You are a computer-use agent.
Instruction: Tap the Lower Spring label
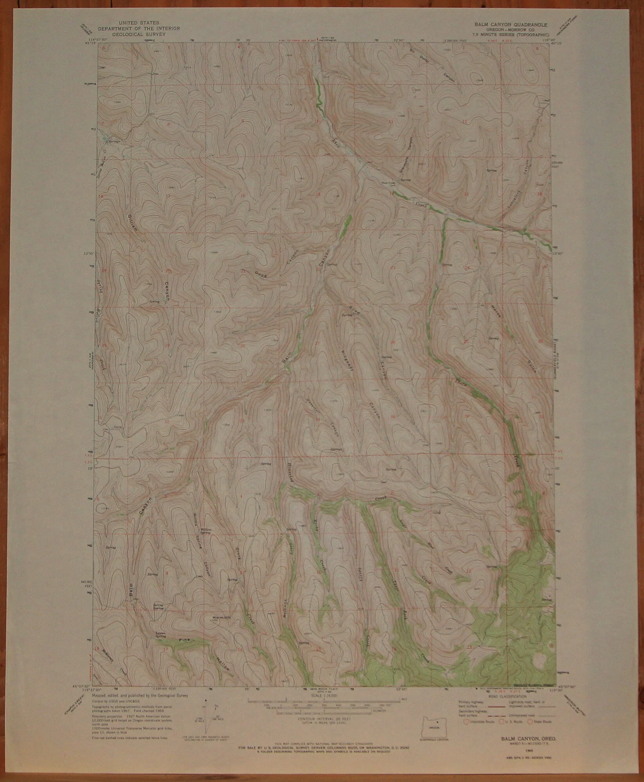click(159, 635)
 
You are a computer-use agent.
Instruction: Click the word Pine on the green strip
click(184, 640)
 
